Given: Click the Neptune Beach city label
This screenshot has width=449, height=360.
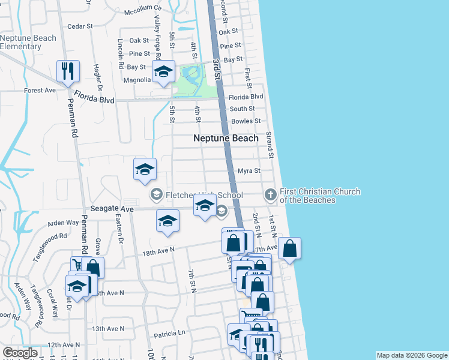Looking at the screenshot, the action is tap(226, 138).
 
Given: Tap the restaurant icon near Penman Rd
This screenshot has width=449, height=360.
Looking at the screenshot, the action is tap(67, 71).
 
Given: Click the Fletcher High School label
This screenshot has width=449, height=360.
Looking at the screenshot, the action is tap(205, 195).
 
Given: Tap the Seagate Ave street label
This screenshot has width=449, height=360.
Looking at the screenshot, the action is tap(112, 209).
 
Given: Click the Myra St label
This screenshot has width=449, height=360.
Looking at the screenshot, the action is tap(249, 171).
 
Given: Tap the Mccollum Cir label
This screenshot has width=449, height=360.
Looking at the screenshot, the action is tap(143, 10).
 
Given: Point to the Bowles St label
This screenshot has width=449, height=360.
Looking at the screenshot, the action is tap(246, 121).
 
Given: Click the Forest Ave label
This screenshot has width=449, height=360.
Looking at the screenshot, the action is tap(40, 91).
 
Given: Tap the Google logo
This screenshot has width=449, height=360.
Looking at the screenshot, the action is tap(20, 353).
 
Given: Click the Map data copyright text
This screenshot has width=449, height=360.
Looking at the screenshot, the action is tap(411, 355).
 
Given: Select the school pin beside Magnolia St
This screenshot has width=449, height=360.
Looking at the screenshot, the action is tap(163, 72).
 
